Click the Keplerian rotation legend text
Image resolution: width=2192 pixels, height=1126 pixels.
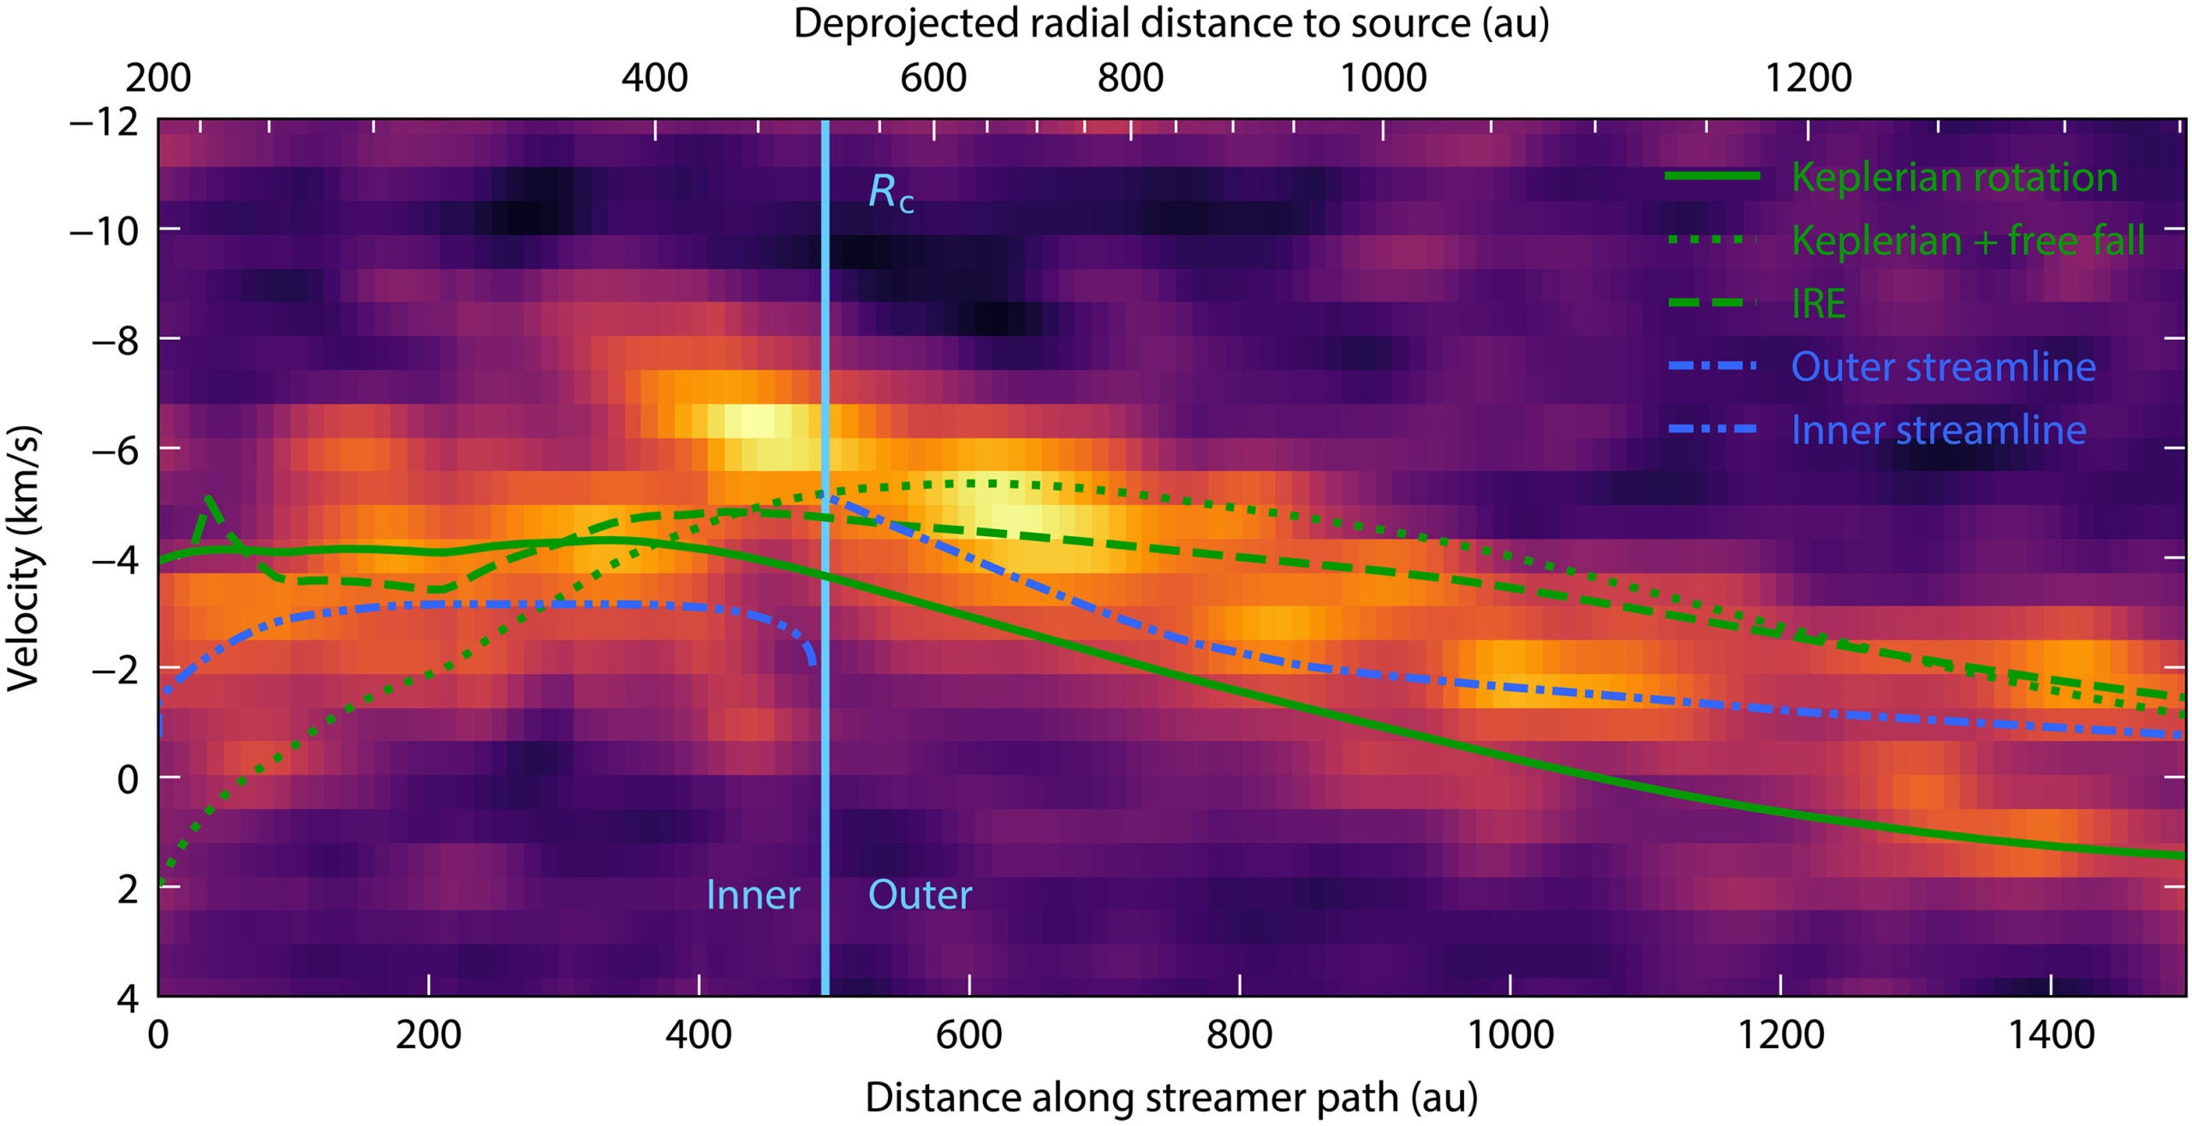pos(1954,177)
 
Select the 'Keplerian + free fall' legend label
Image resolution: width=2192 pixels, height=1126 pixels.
pos(1968,241)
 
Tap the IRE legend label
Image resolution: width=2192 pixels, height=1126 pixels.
pos(1818,304)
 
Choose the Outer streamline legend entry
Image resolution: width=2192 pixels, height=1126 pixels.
pos(1943,367)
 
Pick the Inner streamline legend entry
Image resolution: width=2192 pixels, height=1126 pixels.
pos(1939,430)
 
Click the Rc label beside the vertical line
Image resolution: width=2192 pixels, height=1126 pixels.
pos(890,194)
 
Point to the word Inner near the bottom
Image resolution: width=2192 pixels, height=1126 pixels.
pos(753,896)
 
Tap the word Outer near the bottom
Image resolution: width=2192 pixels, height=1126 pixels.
pos(920,896)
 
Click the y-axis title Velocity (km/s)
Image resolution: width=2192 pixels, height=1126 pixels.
pos(24,557)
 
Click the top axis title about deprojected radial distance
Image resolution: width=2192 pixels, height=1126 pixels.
pos(1171,24)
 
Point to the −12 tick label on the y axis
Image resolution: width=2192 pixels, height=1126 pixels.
pos(103,122)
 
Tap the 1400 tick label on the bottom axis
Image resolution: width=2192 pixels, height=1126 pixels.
pos(2051,1035)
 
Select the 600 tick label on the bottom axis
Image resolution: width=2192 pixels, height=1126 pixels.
pos(969,1035)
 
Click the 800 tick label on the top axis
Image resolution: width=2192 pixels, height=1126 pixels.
pos(1130,79)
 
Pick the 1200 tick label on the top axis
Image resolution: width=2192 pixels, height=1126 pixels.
pos(1808,79)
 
